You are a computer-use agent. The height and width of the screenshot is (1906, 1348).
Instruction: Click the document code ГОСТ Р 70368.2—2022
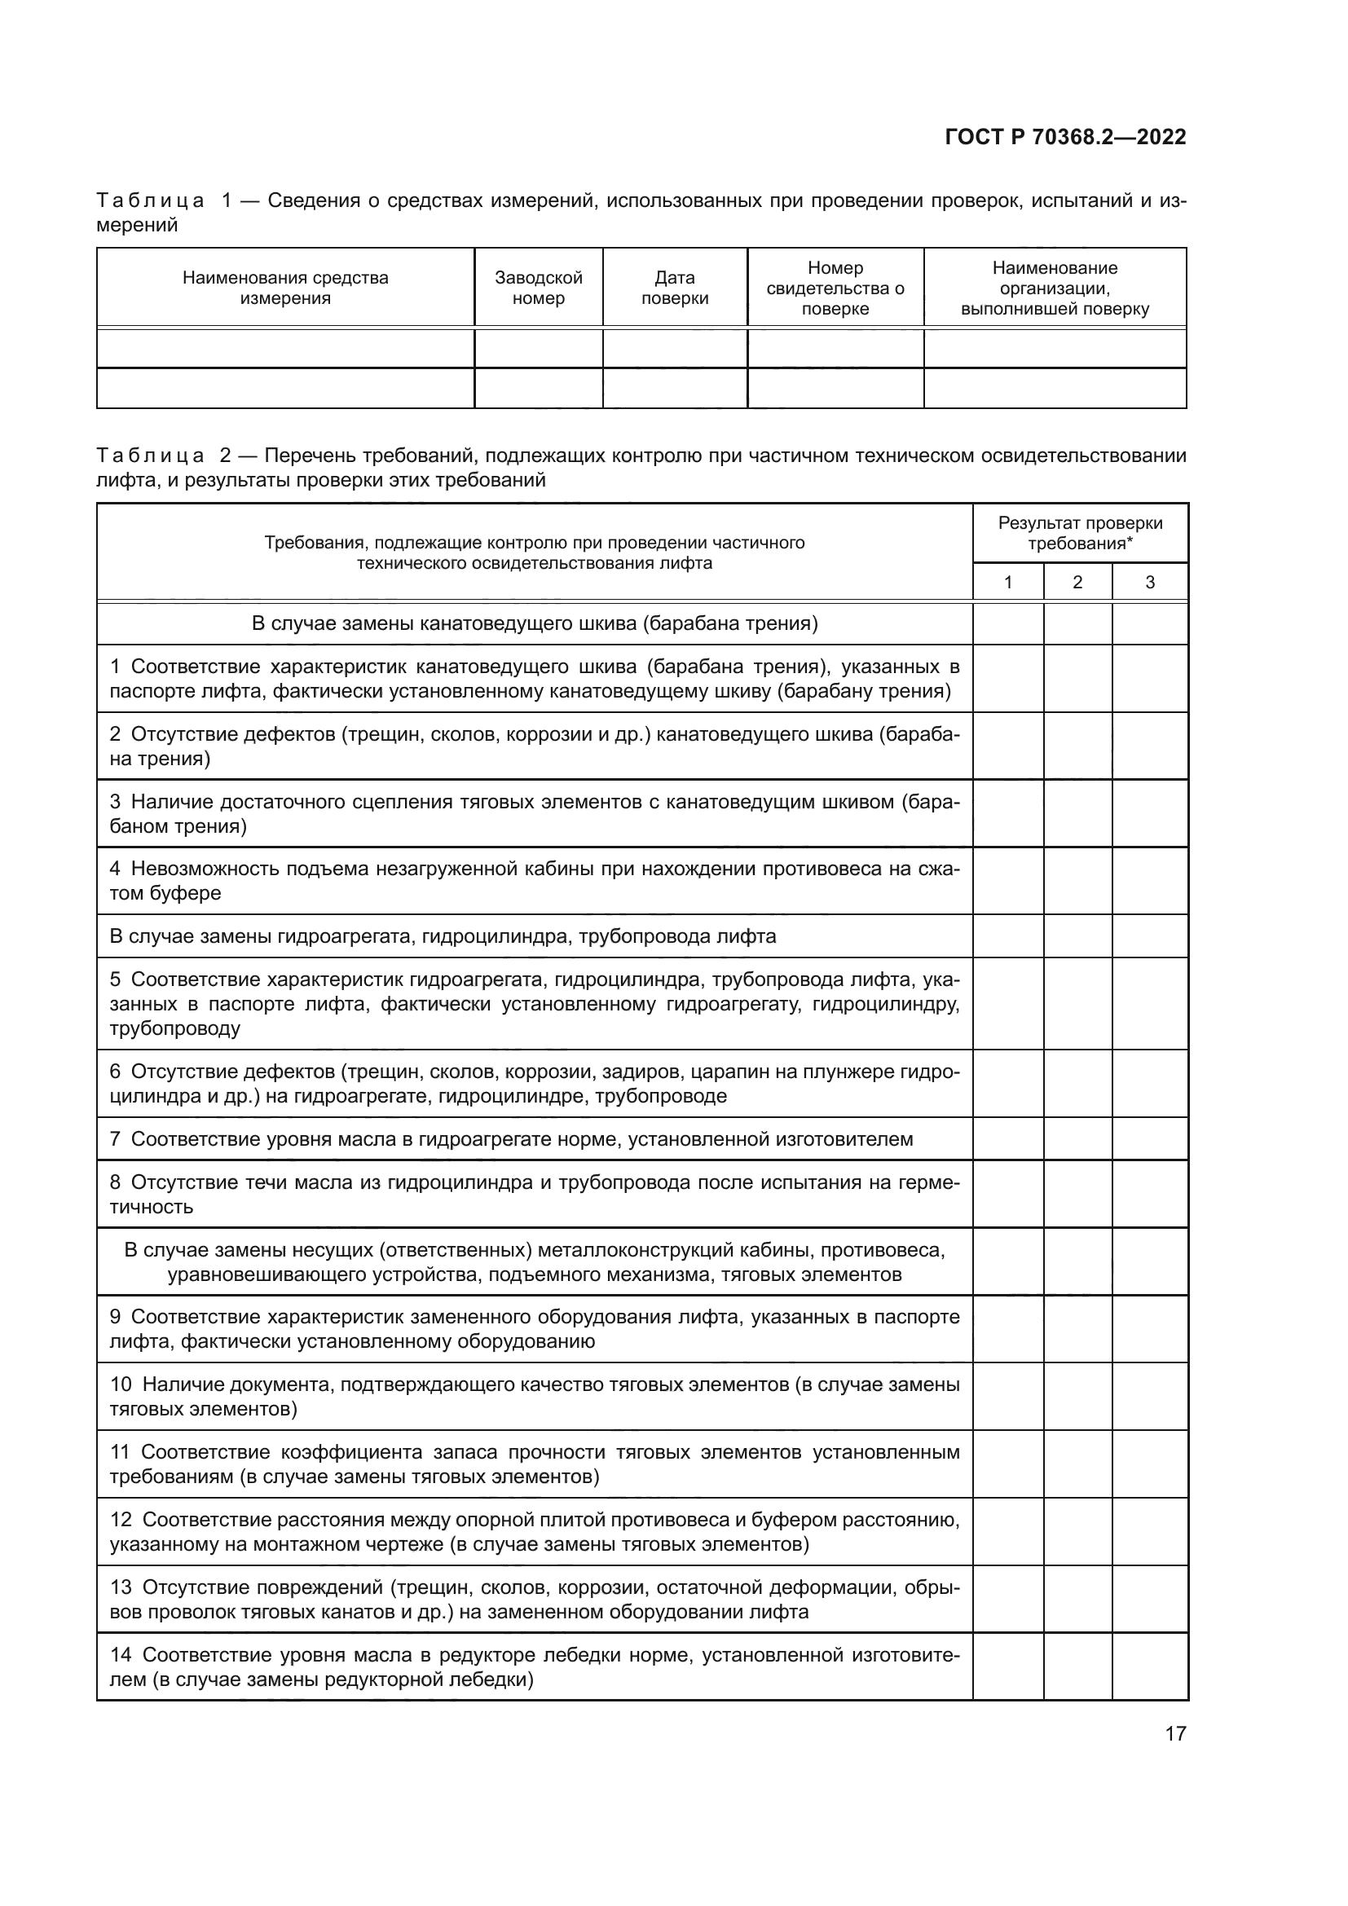coord(1065,137)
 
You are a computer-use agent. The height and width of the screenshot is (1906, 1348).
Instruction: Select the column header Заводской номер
coord(538,288)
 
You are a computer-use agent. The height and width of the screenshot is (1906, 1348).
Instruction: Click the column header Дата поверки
coord(674,288)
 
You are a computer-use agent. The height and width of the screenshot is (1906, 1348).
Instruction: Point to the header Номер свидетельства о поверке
coord(835,288)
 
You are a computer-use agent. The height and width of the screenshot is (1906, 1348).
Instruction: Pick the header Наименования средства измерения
coord(284,288)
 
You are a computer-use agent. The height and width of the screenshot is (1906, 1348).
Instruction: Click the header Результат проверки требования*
coord(1080,533)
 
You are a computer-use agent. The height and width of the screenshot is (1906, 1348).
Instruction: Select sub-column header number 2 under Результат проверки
coord(1077,583)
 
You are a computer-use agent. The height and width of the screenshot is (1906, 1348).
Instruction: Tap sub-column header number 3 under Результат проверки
coord(1150,583)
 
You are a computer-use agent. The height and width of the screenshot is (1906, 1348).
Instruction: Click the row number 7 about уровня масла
coord(116,1139)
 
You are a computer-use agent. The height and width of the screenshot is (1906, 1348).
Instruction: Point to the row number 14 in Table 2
coord(121,1655)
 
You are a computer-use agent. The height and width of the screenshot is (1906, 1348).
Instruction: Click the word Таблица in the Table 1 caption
coord(150,201)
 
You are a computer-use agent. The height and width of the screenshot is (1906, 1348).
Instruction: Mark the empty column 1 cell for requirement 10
coord(1007,1397)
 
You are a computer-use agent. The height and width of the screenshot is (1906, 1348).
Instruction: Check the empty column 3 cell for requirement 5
coord(1150,1004)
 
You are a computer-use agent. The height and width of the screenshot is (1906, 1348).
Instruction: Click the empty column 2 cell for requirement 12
coord(1077,1532)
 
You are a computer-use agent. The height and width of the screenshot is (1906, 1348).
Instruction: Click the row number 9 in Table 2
coord(116,1318)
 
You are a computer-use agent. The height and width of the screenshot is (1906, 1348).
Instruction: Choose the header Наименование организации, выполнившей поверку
coord(1054,288)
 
